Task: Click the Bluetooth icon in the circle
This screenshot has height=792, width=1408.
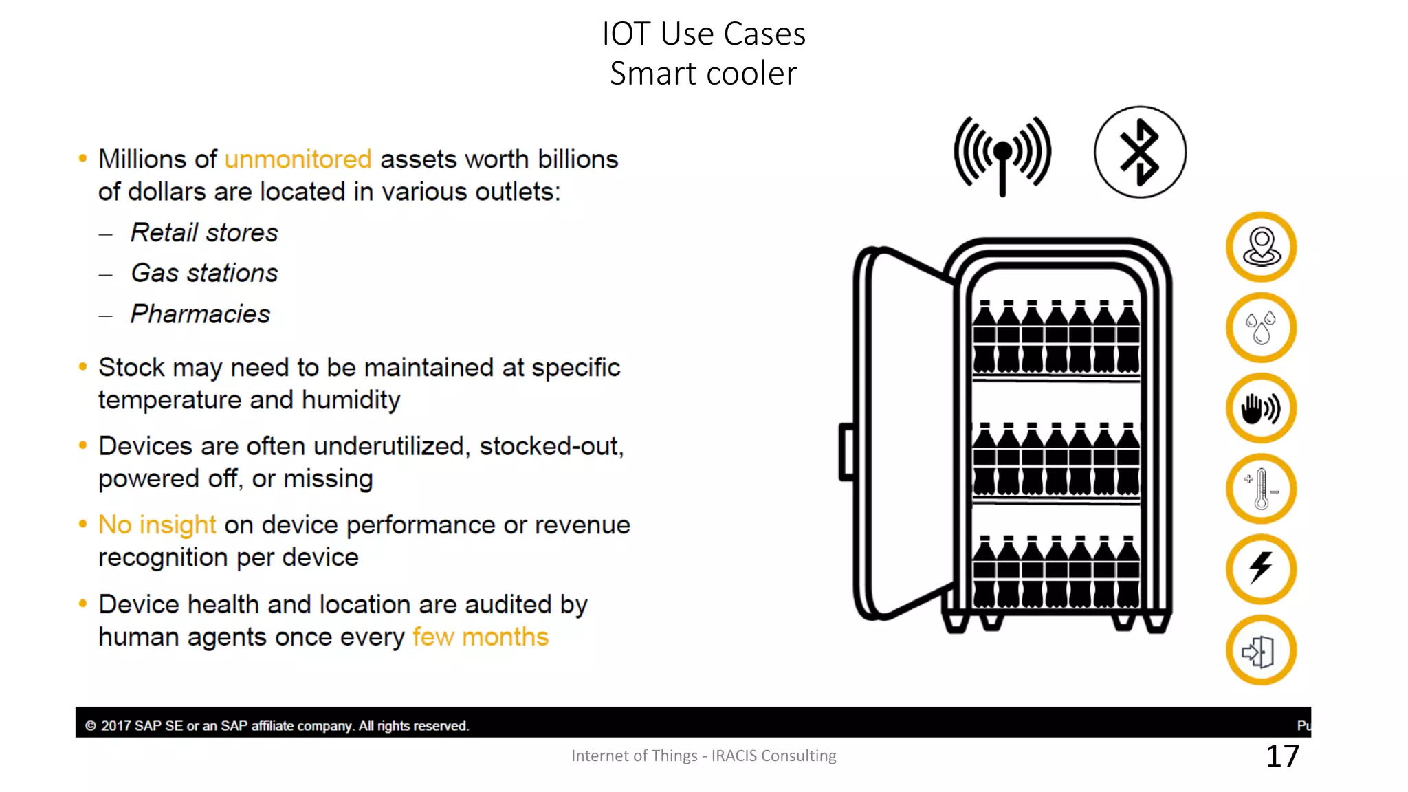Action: (x=1140, y=152)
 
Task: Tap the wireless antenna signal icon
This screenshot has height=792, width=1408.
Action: (x=1002, y=155)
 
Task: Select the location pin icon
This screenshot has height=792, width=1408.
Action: (x=1261, y=247)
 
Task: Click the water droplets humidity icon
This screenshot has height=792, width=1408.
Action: (x=1261, y=328)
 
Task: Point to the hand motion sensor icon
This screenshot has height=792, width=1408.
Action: (x=1261, y=408)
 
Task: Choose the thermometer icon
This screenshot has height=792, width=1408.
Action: (x=1261, y=489)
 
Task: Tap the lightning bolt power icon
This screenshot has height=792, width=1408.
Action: (x=1261, y=569)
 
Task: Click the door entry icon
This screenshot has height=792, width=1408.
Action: (x=1261, y=650)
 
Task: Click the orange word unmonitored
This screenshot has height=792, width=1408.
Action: (x=298, y=159)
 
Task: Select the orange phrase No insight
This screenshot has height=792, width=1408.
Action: (x=157, y=525)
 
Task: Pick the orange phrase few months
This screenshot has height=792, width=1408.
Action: (x=481, y=637)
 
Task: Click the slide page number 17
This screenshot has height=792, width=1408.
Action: (x=1282, y=756)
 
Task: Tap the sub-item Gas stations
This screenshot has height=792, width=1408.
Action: (x=204, y=273)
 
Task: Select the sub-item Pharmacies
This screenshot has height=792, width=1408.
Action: (x=200, y=314)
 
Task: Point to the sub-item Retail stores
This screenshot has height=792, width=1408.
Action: (x=204, y=233)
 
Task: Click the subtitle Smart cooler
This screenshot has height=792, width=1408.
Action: (x=703, y=74)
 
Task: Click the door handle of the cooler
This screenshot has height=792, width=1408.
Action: (x=847, y=452)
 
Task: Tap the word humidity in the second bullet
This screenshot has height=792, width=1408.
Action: (x=351, y=400)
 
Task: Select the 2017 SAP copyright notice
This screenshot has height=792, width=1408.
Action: (x=276, y=726)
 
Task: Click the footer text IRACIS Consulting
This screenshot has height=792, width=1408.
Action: (x=773, y=756)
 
